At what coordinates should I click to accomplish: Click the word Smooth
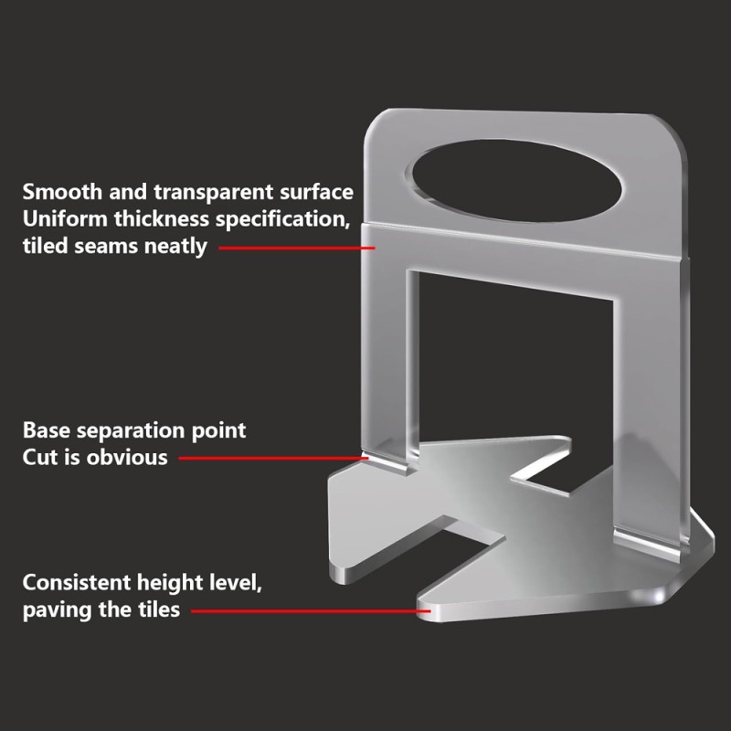tap(62, 192)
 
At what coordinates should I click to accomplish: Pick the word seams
tap(105, 247)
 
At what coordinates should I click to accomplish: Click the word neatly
tap(175, 247)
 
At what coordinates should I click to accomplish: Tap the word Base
tap(47, 430)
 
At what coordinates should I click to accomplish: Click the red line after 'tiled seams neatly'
tap(297, 248)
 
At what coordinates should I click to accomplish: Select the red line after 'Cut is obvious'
tap(273, 458)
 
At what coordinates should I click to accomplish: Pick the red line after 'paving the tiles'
tap(311, 610)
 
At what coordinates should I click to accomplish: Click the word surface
tap(316, 193)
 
